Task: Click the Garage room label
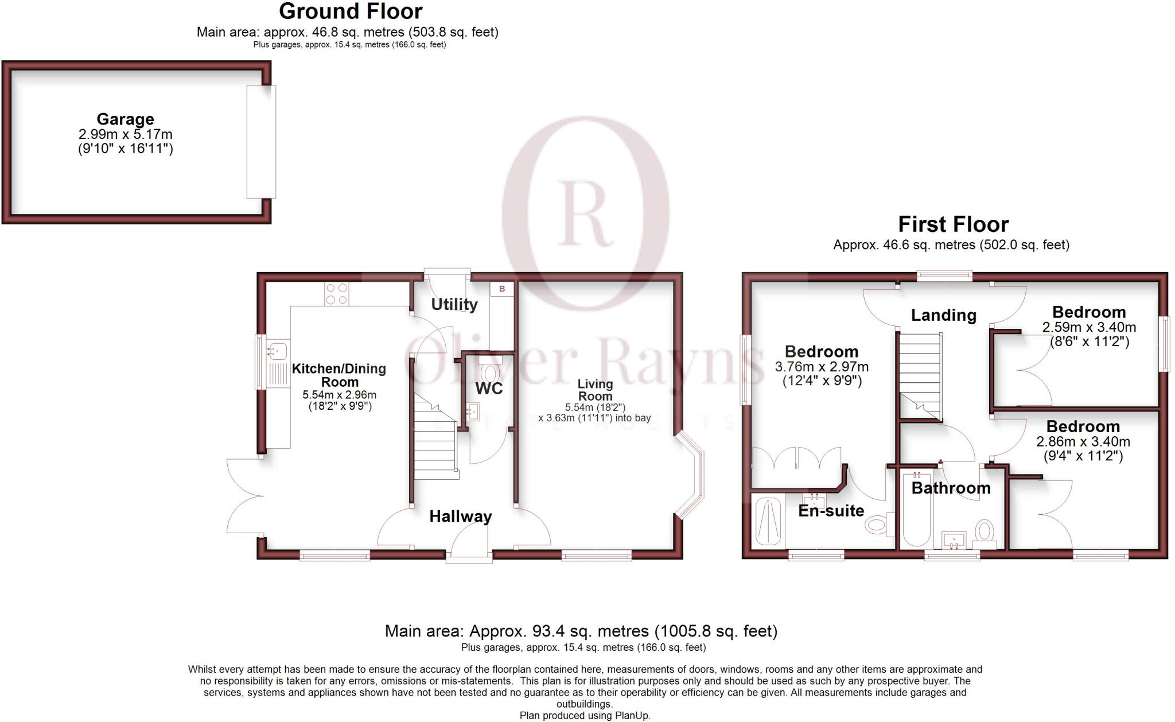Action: tap(125, 119)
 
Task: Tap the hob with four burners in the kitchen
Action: tap(336, 294)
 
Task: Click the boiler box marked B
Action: tap(502, 289)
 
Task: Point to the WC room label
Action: tap(489, 389)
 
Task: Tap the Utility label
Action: tap(454, 304)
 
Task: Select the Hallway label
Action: tap(460, 517)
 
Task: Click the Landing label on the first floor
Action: tap(943, 315)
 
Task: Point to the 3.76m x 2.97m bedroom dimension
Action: tap(822, 367)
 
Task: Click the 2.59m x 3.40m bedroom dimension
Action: tap(1088, 328)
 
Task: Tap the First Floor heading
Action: tap(953, 224)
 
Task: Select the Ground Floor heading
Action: tap(351, 11)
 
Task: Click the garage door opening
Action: tap(261, 142)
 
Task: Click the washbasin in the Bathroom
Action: tap(954, 539)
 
